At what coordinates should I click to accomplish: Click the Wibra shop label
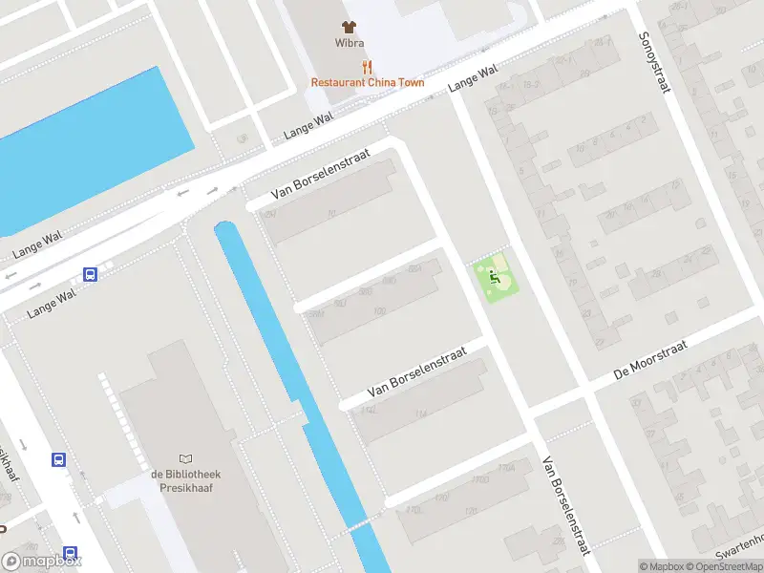coord(349,43)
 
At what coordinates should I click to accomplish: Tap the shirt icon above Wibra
coord(349,27)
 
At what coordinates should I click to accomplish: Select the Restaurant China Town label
coord(368,83)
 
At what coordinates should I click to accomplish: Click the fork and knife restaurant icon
coord(367,67)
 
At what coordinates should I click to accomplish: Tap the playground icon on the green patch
coord(494,277)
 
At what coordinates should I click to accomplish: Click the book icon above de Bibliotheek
coord(185,459)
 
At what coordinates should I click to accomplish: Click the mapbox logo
coord(41,562)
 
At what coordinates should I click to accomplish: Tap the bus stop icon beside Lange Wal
coord(91,275)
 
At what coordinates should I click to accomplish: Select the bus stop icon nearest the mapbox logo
coord(71,553)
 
